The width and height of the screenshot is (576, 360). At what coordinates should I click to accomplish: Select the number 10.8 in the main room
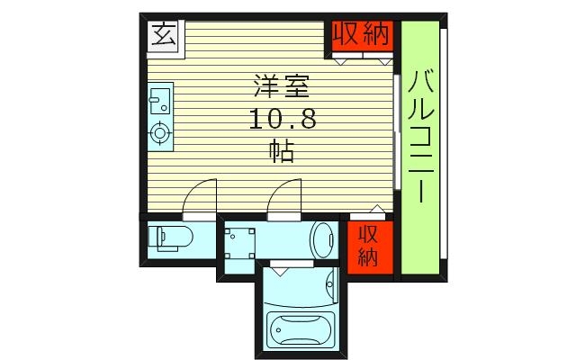point(280,119)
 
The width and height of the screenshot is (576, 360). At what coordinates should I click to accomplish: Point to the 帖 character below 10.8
point(280,150)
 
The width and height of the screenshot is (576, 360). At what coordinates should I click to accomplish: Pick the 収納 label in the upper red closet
point(361,34)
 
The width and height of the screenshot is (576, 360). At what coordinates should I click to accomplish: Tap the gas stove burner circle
point(159,134)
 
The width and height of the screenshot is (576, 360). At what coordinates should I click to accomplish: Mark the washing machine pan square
point(240,241)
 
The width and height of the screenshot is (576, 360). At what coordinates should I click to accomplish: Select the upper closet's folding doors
point(362,59)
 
